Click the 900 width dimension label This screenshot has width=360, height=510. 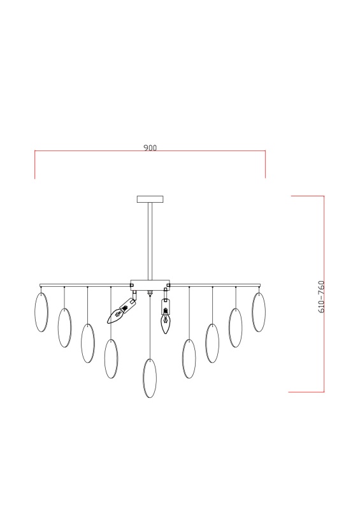150,148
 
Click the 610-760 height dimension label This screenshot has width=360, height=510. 321,296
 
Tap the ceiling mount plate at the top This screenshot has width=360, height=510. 150,199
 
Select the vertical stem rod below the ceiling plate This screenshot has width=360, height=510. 150,241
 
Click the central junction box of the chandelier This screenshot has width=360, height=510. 150,285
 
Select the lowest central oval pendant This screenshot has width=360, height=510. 150,378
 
